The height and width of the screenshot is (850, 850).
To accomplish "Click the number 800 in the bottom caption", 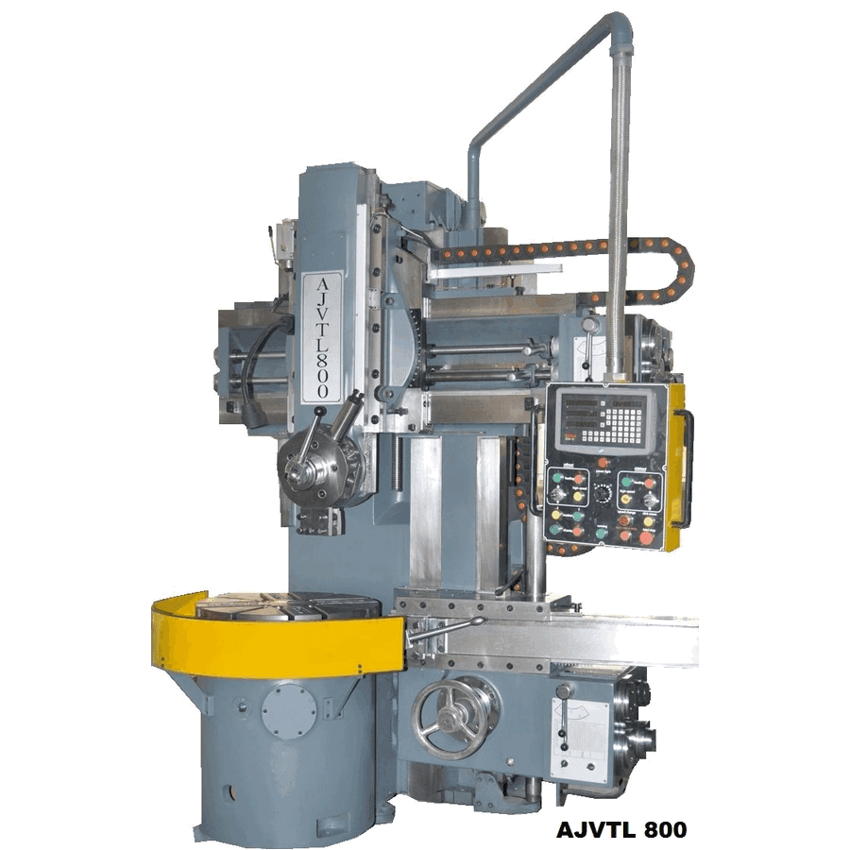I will (x=662, y=830).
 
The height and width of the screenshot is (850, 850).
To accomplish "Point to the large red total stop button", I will (x=645, y=537).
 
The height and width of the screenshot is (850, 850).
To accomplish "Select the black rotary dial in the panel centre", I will (x=601, y=492).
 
